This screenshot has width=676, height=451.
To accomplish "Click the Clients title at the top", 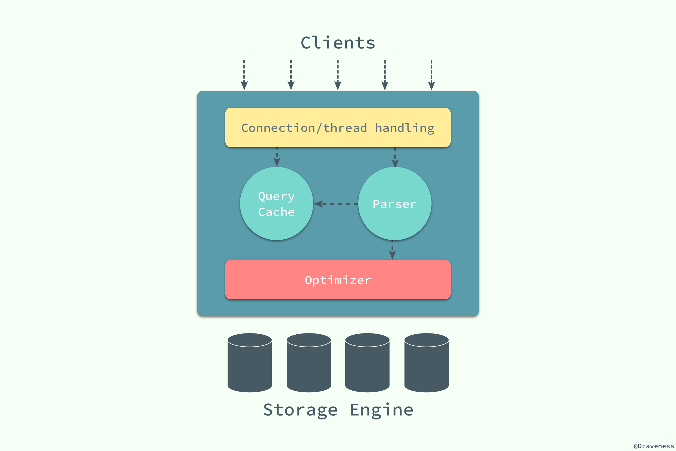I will click(x=338, y=43).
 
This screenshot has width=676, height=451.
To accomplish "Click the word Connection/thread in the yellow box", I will click(x=304, y=128).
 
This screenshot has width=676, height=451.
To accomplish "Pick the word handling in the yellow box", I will click(x=405, y=128).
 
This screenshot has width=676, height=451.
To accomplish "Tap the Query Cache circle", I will click(x=277, y=204).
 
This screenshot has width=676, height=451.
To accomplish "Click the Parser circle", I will click(x=395, y=204).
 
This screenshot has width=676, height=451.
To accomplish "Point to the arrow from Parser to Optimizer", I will click(x=392, y=250).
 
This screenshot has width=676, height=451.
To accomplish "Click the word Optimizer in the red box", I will click(x=338, y=280).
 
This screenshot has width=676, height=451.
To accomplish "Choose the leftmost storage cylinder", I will click(x=250, y=363).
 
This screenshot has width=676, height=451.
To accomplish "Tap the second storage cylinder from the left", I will click(x=309, y=363).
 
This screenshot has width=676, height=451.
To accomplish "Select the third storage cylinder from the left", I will click(x=367, y=363).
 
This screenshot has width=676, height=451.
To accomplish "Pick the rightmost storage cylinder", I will click(x=426, y=363).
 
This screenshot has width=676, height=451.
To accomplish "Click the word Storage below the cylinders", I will click(x=300, y=410).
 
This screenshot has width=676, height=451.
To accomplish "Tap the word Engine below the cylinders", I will click(x=382, y=410).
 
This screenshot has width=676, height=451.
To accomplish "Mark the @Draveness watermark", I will click(x=653, y=446).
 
